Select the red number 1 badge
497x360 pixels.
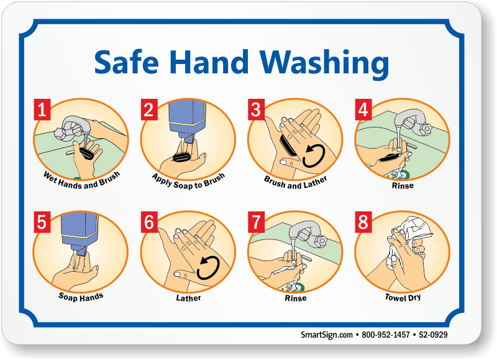click(42, 109)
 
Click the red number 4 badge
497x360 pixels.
click(363, 109)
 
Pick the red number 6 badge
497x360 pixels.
click(149, 223)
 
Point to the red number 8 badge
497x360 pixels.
click(363, 223)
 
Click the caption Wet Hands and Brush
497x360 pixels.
click(81, 181)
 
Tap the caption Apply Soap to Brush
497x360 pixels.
click(189, 182)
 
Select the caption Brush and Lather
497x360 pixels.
click(296, 183)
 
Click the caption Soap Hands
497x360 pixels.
click(81, 297)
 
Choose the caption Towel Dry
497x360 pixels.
click(403, 297)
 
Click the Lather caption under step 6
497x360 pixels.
click(189, 298)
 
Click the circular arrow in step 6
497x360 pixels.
click(208, 269)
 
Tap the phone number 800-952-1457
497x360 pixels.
click(386, 335)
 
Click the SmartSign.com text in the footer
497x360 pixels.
click(327, 335)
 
